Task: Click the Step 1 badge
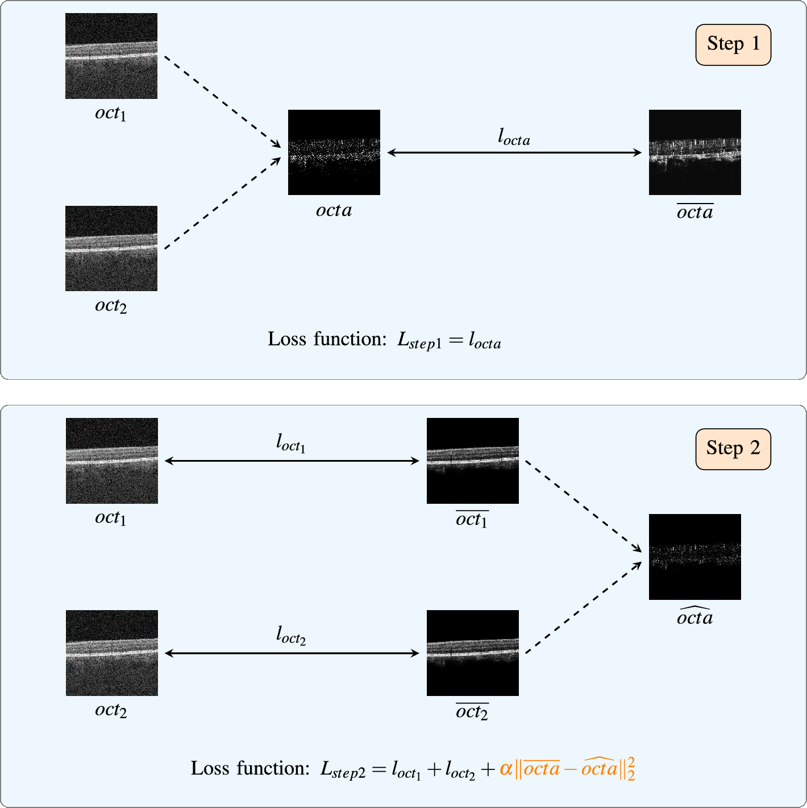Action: [x=733, y=44]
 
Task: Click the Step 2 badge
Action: [x=733, y=449]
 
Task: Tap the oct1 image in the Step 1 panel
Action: [x=111, y=56]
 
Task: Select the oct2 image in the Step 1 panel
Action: [x=111, y=248]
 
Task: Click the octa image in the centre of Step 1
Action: [x=334, y=152]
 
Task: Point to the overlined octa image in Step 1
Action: [x=694, y=152]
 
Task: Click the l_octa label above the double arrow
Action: [x=514, y=138]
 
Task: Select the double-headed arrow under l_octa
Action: [x=514, y=152]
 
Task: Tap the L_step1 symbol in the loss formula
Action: [x=419, y=341]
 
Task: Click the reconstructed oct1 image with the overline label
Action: [x=472, y=461]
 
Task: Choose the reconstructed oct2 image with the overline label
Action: [x=472, y=653]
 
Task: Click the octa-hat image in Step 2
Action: [x=694, y=557]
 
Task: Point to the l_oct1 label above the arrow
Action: [x=291, y=443]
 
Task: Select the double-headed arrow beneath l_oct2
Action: [x=291, y=653]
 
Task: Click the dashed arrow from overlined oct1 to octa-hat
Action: [x=582, y=505]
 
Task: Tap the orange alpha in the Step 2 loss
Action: [x=506, y=769]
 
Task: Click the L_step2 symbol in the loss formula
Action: [x=343, y=770]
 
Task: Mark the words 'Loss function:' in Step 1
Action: [x=327, y=339]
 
